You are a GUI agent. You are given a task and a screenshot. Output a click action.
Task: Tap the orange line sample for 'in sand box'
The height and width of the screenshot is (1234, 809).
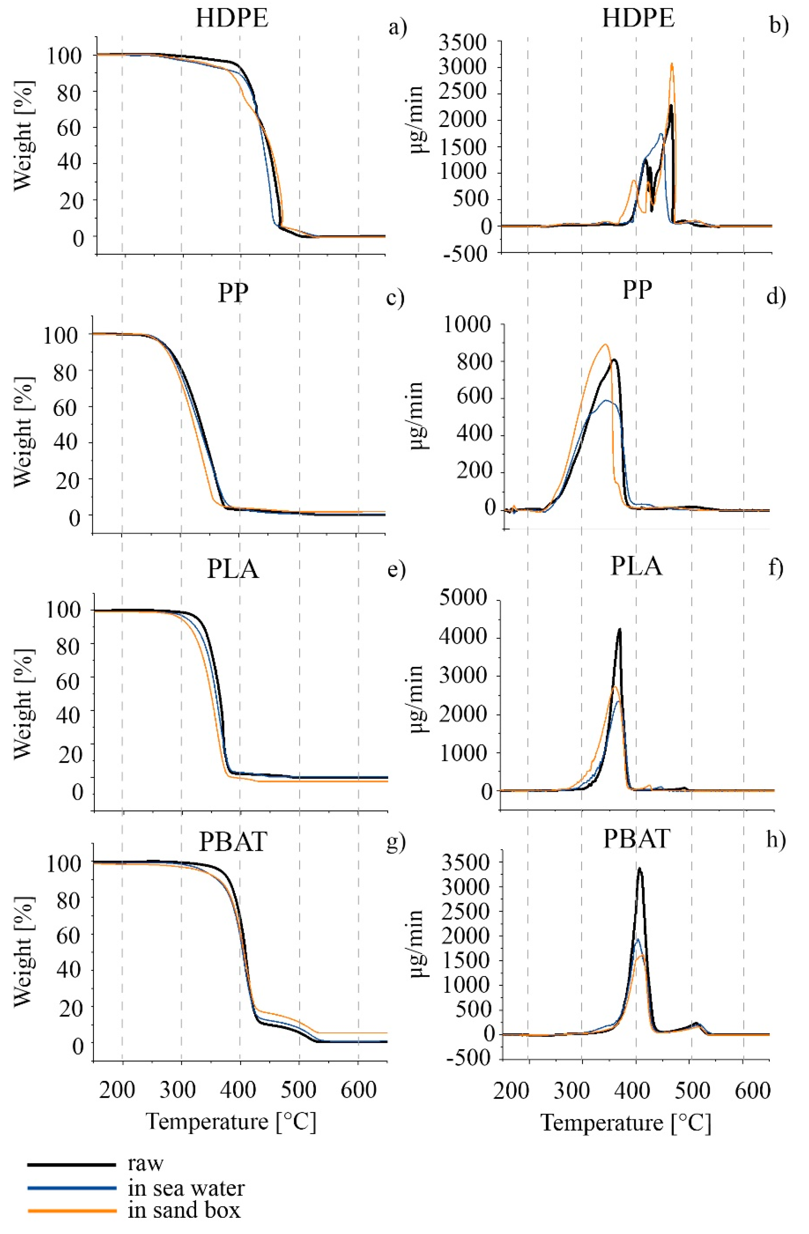tap(72, 1211)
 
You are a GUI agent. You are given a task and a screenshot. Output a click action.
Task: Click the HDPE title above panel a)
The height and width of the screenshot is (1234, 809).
tap(232, 19)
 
